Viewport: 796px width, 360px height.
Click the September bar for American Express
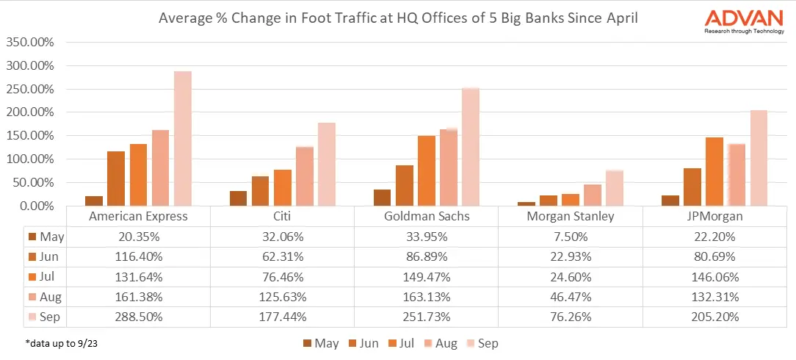click(182, 139)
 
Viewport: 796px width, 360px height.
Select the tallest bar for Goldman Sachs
click(470, 147)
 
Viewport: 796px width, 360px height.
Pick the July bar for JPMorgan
click(714, 171)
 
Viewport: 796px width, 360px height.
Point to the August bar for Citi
click(304, 176)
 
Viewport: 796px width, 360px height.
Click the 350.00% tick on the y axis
click(30, 42)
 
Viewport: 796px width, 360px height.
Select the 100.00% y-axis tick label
click(30, 159)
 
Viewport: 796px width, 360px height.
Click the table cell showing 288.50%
click(138, 317)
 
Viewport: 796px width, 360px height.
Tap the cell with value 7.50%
click(570, 237)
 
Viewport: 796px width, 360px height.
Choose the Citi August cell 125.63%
click(282, 297)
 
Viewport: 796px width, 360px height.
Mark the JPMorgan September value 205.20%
click(714, 317)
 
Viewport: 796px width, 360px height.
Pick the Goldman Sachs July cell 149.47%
click(426, 277)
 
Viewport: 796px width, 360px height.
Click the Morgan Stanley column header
click(570, 217)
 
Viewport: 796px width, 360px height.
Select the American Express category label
click(138, 217)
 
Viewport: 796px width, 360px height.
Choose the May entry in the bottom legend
click(320, 343)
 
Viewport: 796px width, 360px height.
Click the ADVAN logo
click(743, 20)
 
